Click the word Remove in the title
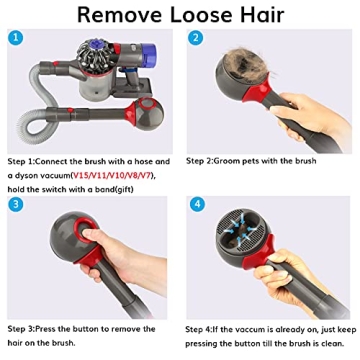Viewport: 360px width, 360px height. [x=117, y=15]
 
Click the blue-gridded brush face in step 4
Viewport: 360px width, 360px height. [x=262, y=238]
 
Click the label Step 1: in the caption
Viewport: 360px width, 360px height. [x=22, y=159]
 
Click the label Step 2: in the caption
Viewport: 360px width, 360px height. [x=204, y=159]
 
